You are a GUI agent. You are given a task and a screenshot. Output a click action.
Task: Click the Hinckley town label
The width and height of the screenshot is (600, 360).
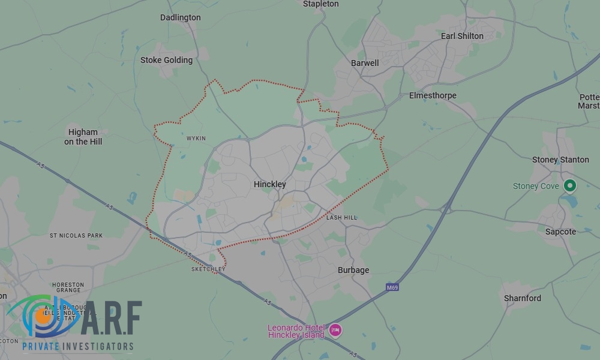click(269, 184)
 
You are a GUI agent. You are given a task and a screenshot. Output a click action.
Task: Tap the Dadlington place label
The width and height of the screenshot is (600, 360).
click(180, 17)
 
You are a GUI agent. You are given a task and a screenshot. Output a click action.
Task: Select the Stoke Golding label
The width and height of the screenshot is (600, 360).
click(166, 60)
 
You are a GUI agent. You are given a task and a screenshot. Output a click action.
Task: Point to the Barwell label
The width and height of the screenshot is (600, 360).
click(365, 63)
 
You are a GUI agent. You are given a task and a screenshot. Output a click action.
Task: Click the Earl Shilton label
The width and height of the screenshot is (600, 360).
click(462, 36)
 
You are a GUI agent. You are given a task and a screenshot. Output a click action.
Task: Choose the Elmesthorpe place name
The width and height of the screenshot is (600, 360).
click(433, 95)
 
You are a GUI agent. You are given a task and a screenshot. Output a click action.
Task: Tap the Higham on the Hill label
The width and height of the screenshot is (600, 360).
click(83, 137)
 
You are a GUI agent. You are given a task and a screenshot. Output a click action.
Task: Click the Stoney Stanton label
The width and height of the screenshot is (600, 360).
click(560, 160)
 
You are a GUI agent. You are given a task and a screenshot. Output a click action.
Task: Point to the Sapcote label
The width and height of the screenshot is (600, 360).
click(560, 232)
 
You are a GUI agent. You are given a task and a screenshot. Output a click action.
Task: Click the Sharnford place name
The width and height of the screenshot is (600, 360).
click(522, 298)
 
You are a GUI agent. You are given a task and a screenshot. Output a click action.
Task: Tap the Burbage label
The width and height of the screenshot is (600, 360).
click(353, 270)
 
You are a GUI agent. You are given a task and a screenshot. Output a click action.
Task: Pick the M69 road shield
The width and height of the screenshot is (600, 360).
click(392, 287)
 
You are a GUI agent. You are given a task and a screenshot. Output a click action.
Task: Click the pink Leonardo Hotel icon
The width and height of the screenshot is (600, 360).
click(335, 330)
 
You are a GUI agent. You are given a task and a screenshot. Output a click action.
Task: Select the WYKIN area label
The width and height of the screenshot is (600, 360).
click(196, 139)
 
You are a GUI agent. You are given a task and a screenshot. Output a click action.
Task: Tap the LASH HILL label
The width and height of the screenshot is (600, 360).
click(341, 217)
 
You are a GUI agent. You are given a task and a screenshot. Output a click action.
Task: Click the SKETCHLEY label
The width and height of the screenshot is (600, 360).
click(208, 269)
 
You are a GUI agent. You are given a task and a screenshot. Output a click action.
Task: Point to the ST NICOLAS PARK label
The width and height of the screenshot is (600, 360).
click(76, 236)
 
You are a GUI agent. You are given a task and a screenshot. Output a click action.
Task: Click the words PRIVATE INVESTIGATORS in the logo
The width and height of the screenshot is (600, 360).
click(77, 346)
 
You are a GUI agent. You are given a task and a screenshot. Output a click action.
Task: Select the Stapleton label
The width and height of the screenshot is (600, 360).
click(320, 4)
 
